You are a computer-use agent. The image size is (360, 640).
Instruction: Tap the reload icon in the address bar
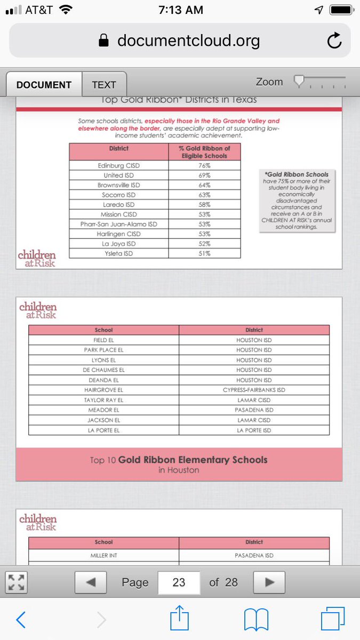point(334,41)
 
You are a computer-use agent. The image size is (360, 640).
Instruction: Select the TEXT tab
point(104,85)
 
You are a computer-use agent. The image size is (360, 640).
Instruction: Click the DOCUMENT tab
point(44,85)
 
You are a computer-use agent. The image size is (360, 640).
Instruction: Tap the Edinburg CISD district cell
point(118,166)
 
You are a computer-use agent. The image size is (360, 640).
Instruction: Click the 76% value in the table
point(205,166)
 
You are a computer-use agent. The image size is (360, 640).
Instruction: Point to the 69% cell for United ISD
point(205,175)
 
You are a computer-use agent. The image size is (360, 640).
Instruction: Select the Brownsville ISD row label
point(118,185)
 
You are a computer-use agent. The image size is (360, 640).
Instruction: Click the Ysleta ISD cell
point(118,253)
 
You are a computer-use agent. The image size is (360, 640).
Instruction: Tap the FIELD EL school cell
point(103,340)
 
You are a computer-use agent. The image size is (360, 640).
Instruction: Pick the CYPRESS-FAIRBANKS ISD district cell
point(254,390)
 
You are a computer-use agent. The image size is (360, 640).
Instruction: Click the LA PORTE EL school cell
point(103,430)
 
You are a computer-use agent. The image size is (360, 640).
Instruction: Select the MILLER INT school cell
point(103,555)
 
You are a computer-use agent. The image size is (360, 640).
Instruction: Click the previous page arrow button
point(90,582)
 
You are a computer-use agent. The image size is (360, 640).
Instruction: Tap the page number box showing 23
point(179,582)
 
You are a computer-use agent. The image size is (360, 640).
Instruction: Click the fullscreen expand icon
point(15,582)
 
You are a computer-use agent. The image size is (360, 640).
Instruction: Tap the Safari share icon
point(180,619)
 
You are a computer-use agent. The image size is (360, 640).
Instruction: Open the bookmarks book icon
point(255,620)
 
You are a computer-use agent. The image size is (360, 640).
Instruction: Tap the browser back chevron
point(21,620)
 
